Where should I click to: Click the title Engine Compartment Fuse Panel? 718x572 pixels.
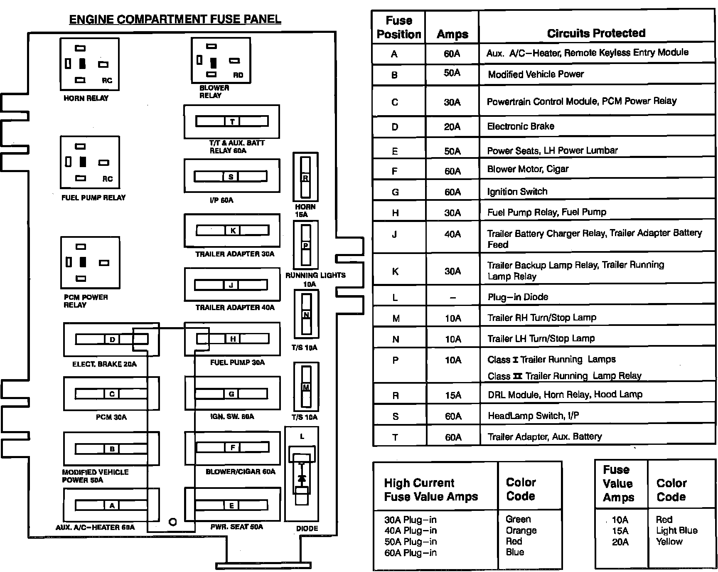click(x=175, y=19)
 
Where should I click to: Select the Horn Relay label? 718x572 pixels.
click(x=86, y=98)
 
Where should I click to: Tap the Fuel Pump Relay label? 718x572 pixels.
click(x=93, y=197)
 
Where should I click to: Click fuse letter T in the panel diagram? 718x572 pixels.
click(x=232, y=121)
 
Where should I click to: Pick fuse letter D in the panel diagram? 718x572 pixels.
click(x=112, y=340)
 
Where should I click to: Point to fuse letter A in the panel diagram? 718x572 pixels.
click(x=111, y=505)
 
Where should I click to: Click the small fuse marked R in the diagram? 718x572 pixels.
click(x=305, y=178)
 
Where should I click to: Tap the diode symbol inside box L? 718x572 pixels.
click(x=302, y=478)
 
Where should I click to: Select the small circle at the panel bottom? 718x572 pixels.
click(x=173, y=522)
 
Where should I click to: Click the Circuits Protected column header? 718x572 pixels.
click(x=596, y=33)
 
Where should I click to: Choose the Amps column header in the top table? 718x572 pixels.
click(x=452, y=34)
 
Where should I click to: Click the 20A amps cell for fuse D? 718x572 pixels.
click(x=452, y=127)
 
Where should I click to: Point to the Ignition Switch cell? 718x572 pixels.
click(x=517, y=192)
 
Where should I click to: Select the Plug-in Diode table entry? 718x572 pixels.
click(x=518, y=297)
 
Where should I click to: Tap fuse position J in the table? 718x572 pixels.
click(x=394, y=234)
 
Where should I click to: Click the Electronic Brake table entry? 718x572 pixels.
click(x=521, y=126)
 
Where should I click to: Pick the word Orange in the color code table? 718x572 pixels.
click(x=521, y=530)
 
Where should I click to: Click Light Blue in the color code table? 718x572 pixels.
click(x=676, y=530)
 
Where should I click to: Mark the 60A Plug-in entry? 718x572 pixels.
click(x=411, y=553)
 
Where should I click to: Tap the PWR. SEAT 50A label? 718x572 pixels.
click(x=236, y=527)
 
